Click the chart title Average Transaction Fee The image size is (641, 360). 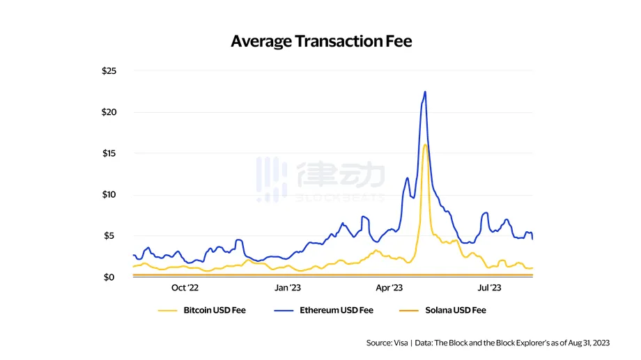click(x=321, y=41)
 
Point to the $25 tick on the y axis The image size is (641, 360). click(x=109, y=71)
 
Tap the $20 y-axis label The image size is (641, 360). click(x=109, y=112)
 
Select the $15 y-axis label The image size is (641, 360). click(x=109, y=153)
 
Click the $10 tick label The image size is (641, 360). click(x=109, y=194)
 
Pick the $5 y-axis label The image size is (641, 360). click(x=111, y=235)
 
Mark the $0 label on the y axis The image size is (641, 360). click(x=111, y=277)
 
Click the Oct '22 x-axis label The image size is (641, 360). click(x=185, y=288)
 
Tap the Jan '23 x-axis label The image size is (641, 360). click(x=288, y=288)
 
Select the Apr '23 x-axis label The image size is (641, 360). click(x=389, y=288)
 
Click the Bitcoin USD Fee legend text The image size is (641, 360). click(x=215, y=310)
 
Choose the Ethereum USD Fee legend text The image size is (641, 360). click(x=337, y=310)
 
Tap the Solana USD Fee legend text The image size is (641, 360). click(x=455, y=310)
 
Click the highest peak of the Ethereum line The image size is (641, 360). click(x=425, y=92)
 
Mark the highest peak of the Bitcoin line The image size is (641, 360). click(x=425, y=145)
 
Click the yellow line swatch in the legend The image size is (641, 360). click(x=168, y=310)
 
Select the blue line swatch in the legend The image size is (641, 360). click(x=285, y=310)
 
